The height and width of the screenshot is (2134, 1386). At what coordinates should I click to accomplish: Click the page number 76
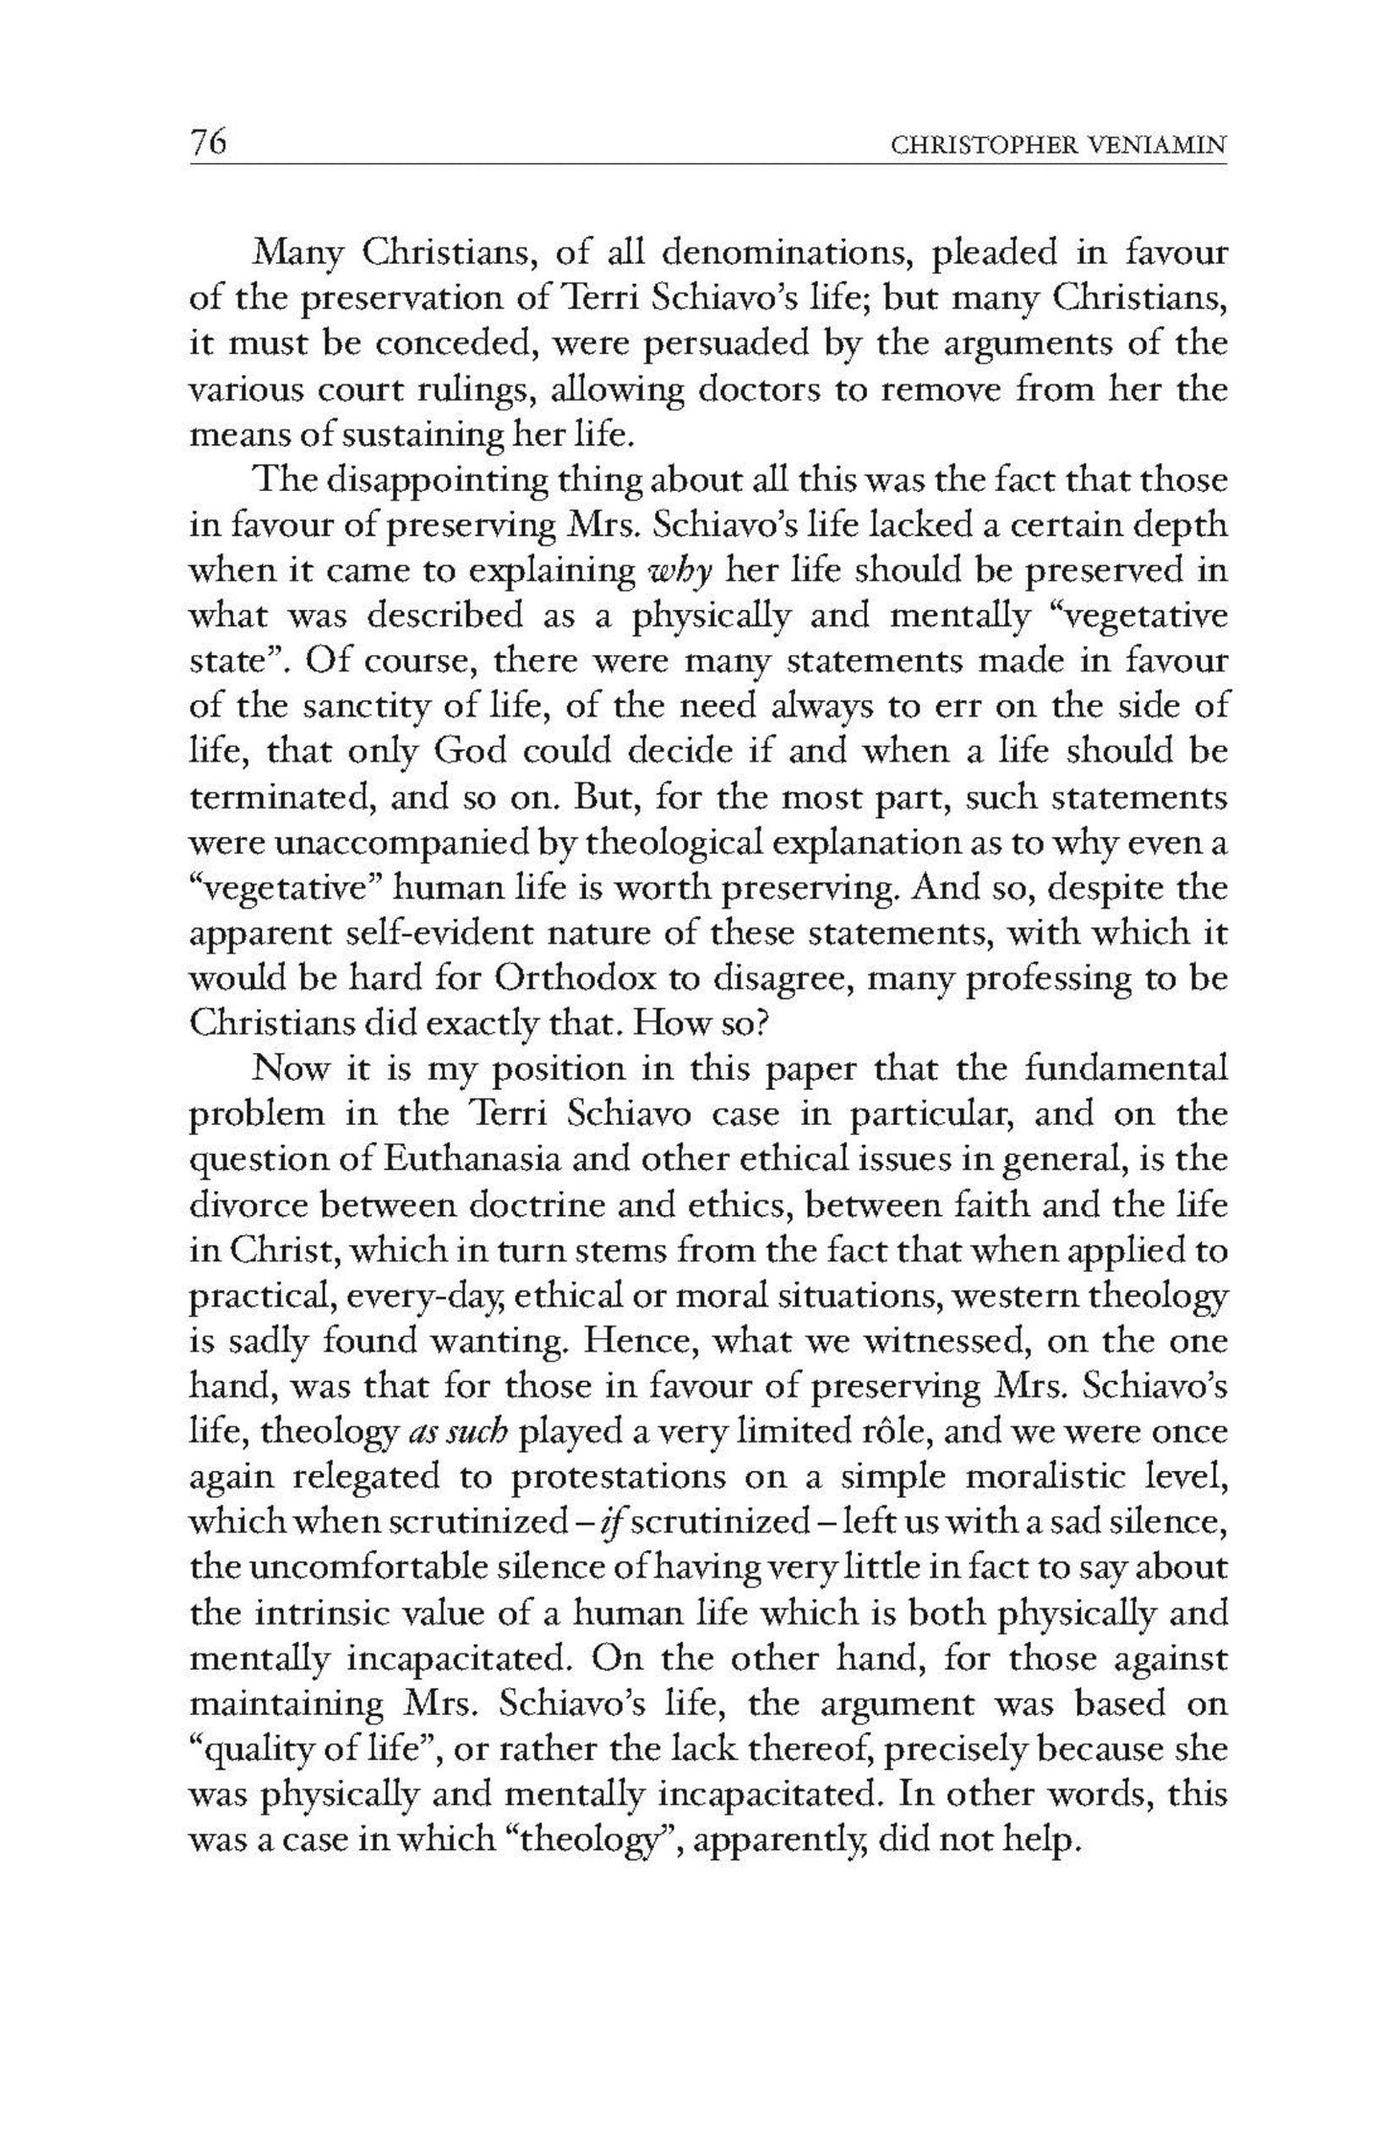pyautogui.click(x=208, y=143)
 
